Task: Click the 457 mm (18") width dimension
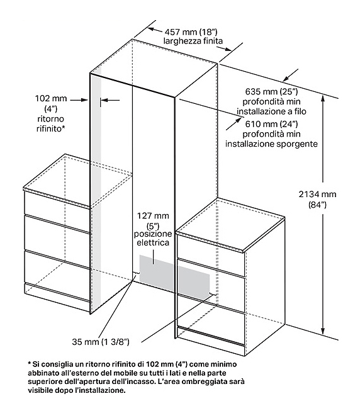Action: tap(191, 32)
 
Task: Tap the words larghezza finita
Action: tap(193, 41)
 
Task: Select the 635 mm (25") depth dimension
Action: tap(271, 92)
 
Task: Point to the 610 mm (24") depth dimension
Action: tap(271, 124)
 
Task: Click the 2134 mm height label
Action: tap(317, 194)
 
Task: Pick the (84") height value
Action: tap(317, 205)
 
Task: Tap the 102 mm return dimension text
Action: tap(51, 98)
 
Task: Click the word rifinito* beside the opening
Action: tap(50, 129)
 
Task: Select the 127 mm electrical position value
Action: tap(153, 215)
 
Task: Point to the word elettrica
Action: tap(153, 242)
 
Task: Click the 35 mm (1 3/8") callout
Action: tap(101, 342)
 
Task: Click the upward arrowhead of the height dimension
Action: tap(323, 99)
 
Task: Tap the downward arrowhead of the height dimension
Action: tap(323, 331)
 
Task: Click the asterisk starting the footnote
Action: tap(30, 363)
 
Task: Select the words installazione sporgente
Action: tap(271, 144)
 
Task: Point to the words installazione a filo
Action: tap(271, 111)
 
